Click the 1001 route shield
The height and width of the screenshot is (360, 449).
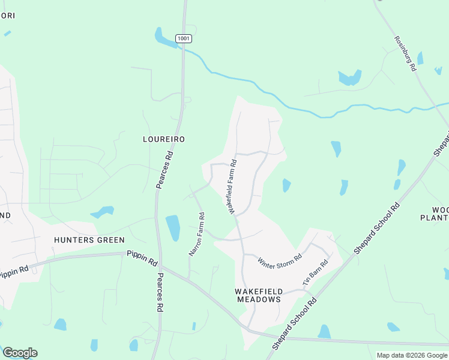(x=184, y=38)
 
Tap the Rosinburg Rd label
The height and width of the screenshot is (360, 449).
(x=405, y=54)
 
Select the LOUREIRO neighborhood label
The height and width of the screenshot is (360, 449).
(x=163, y=139)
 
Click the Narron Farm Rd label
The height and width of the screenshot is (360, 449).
(x=197, y=234)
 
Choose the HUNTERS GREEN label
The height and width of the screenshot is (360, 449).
(x=89, y=240)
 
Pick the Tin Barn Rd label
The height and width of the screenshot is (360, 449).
(x=316, y=272)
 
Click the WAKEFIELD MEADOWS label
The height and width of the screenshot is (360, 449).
(x=258, y=295)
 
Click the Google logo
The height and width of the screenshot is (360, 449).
(x=20, y=352)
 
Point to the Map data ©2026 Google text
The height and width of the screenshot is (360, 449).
(x=411, y=355)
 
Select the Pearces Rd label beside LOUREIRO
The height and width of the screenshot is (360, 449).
(x=165, y=170)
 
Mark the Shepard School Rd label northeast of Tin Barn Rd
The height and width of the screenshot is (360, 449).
(x=377, y=229)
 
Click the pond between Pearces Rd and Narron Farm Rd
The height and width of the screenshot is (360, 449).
(x=173, y=227)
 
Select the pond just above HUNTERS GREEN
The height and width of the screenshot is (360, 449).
(x=102, y=212)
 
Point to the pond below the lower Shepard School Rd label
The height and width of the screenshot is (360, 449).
(x=324, y=332)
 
